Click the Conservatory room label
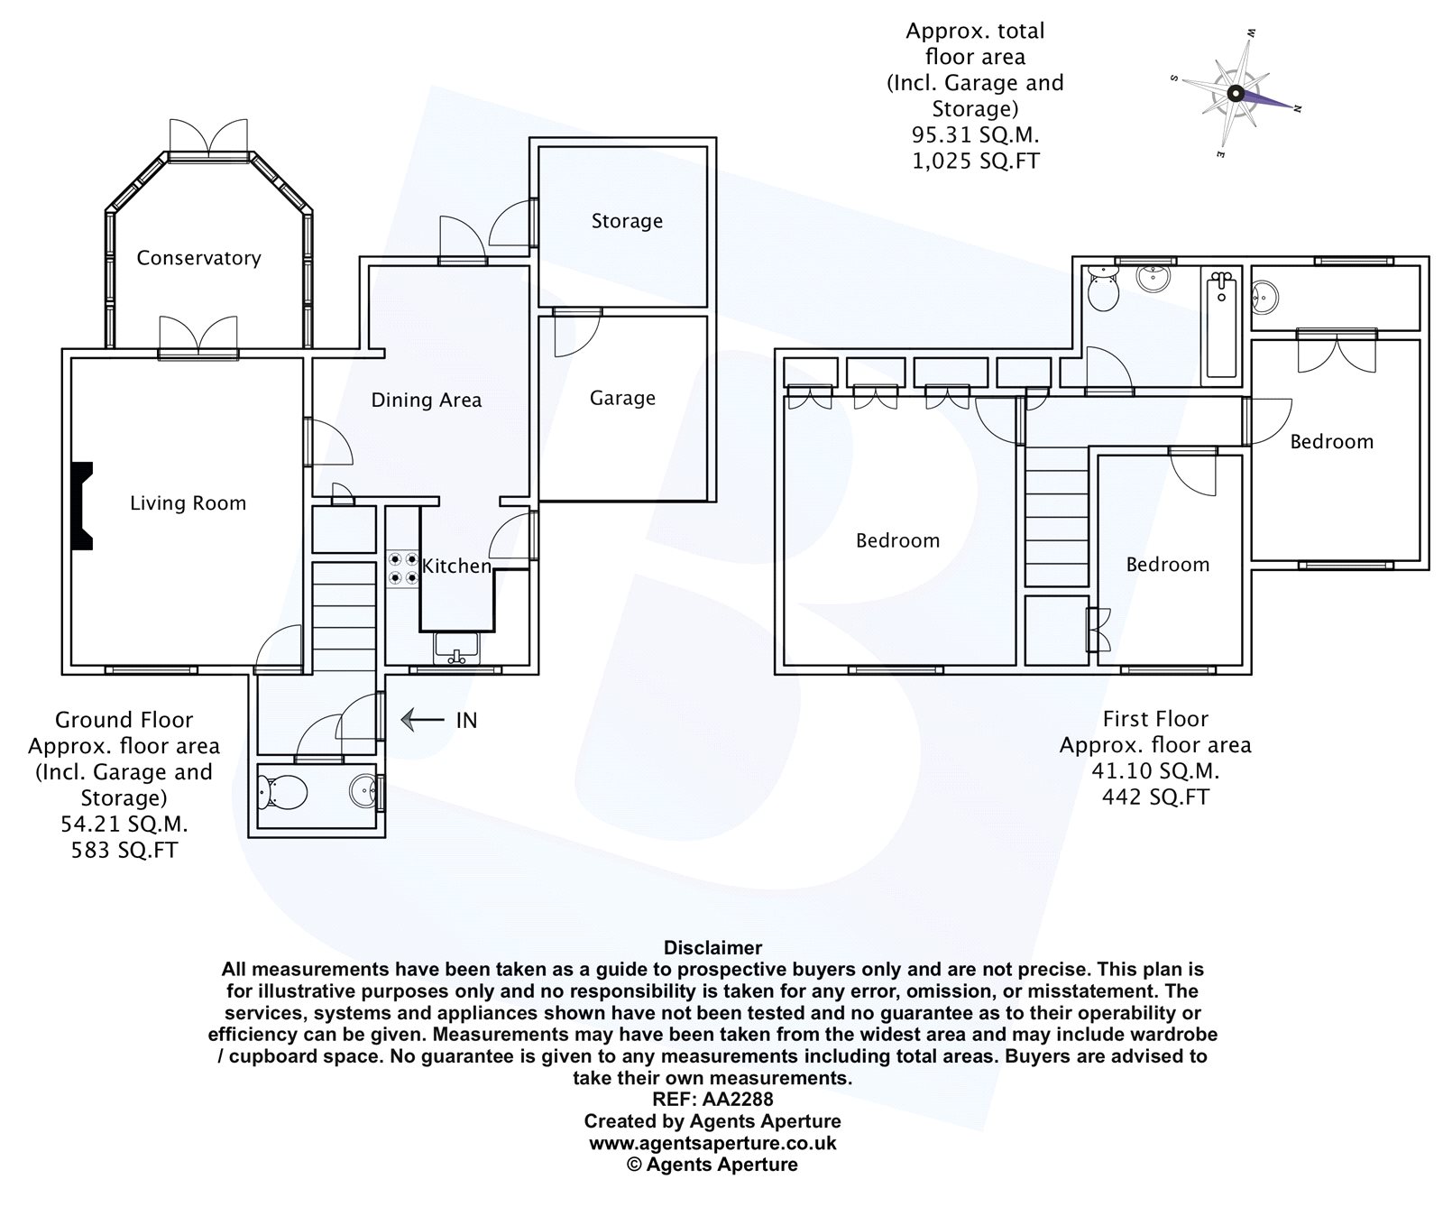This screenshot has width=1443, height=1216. point(198,258)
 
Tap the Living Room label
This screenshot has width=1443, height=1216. point(188,503)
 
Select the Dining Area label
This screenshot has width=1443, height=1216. point(427,400)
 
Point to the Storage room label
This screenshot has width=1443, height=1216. point(627,221)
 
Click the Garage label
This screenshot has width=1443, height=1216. point(622,398)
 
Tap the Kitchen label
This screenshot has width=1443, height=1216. point(456,566)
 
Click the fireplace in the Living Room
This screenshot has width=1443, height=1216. point(82,505)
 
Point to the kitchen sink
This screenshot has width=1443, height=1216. point(456,648)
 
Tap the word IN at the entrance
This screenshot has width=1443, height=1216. point(466,720)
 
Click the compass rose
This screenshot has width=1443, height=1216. point(1236,92)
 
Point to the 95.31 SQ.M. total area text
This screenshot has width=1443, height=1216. point(975,135)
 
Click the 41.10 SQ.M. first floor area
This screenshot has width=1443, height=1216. point(1155,771)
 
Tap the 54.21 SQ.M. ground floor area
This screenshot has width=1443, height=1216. point(124,824)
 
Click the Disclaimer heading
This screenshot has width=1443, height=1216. point(712,947)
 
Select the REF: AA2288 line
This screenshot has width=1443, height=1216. point(712,1099)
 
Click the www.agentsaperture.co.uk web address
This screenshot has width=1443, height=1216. point(712,1143)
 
